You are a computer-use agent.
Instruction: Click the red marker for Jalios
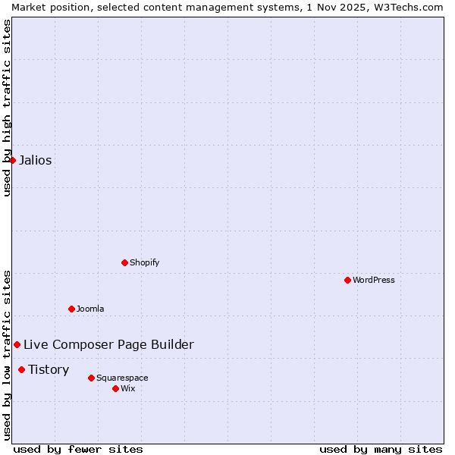12,160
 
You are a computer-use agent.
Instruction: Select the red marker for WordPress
347,280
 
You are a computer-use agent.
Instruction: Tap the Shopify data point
124,262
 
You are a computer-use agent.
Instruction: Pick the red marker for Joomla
71,309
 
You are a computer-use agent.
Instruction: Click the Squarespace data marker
91,378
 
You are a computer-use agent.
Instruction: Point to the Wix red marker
115,388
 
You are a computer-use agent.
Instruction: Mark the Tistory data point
21,369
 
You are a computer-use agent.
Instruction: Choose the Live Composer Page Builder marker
17,344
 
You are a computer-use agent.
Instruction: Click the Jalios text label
36,160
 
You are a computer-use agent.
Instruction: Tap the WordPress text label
374,280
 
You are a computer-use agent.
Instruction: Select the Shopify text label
144,262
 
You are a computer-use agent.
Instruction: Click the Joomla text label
90,309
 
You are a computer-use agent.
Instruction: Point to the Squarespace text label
122,378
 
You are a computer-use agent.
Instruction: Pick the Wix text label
127,388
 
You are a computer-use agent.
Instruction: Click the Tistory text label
49,369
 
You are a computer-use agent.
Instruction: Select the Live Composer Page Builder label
108,344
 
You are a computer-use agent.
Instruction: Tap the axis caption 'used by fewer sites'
78,449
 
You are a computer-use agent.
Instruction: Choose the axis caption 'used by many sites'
381,449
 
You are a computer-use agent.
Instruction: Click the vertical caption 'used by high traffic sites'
7,108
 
